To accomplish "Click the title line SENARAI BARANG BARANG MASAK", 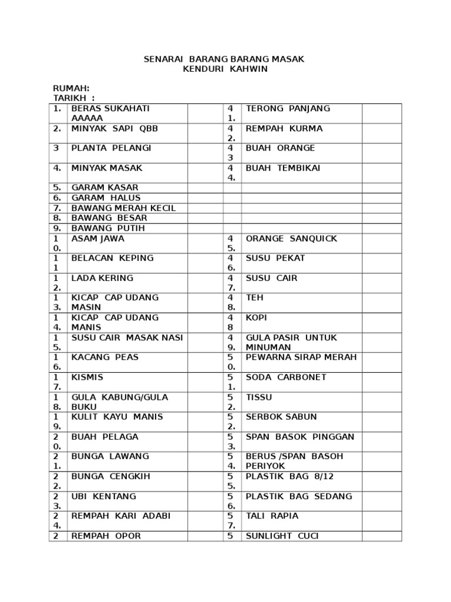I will [x=225, y=59].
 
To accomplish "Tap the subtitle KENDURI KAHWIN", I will [x=225, y=69].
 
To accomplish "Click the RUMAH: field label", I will [x=71, y=88].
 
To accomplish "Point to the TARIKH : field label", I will [x=73, y=98].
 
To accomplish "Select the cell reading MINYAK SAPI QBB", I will [x=115, y=129].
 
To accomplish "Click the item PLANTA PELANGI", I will [x=111, y=148].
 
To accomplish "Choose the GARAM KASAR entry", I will [x=105, y=188].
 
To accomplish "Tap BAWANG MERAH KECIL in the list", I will [x=123, y=208].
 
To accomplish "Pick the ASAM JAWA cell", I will [x=97, y=239].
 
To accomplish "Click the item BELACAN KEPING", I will [x=112, y=258].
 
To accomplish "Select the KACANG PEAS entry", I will [x=105, y=357].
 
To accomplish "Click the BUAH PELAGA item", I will [x=105, y=437].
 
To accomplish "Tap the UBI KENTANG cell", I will [x=103, y=496].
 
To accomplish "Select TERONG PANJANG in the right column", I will [x=288, y=109].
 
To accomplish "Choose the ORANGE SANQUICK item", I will [x=291, y=239].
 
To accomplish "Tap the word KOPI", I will [x=256, y=317].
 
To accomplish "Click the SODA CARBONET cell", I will [x=286, y=377].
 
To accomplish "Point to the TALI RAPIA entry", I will [x=272, y=516].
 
